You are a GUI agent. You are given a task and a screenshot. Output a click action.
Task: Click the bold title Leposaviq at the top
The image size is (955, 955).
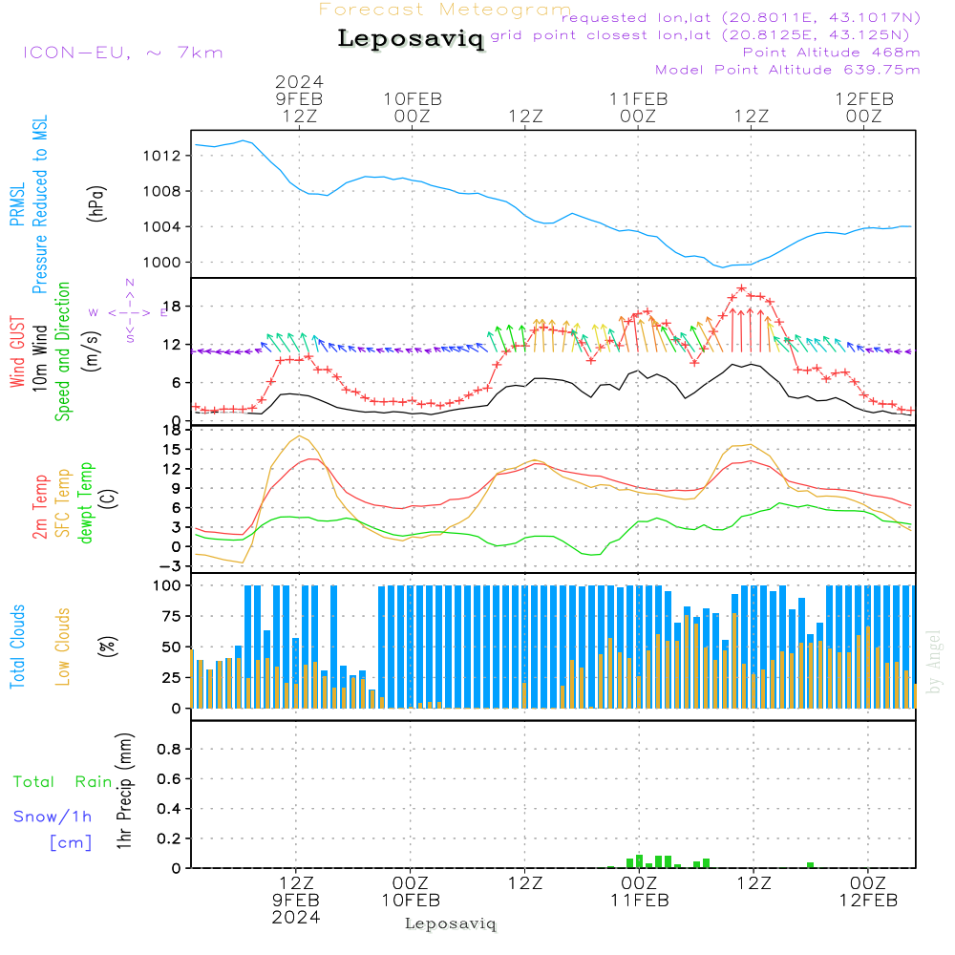[411, 39]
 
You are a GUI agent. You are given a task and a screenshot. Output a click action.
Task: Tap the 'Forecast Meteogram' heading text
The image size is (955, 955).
[445, 10]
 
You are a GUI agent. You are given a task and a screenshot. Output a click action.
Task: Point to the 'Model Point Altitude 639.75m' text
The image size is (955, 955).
[787, 70]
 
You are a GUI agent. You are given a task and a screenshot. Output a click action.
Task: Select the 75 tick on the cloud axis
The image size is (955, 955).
[170, 616]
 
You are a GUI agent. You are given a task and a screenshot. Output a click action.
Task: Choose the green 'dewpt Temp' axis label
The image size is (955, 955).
[86, 503]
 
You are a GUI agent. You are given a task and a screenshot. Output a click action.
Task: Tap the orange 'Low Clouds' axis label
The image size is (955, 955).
[64, 646]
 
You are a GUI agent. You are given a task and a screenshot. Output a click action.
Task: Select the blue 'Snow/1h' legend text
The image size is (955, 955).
[53, 817]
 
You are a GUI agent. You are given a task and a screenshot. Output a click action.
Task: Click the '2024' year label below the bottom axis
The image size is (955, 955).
[296, 918]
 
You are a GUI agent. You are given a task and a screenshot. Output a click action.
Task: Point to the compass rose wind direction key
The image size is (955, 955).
[129, 311]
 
